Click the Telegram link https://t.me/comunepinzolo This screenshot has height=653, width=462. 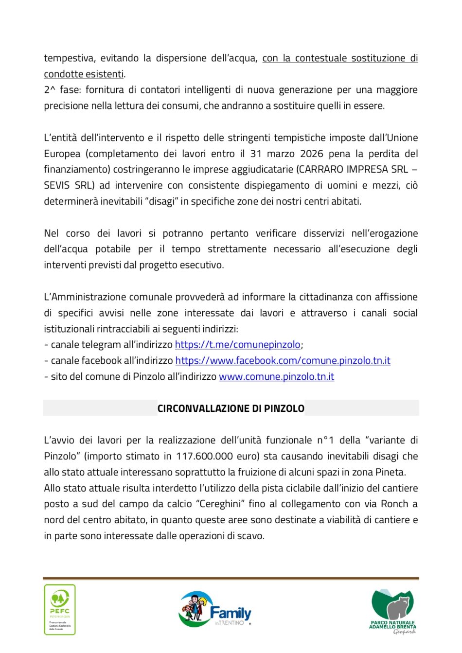point(237,345)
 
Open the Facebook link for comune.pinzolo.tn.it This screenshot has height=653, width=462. point(283,361)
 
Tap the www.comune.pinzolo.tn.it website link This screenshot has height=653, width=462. point(276,377)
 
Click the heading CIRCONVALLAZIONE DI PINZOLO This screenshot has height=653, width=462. point(231,408)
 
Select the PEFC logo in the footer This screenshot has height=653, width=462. point(60,609)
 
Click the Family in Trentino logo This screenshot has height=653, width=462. point(215,610)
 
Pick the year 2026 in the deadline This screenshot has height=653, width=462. point(312,154)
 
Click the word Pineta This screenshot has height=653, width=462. point(390,472)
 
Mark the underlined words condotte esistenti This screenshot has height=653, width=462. point(84,74)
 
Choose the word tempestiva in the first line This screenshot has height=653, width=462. point(69,58)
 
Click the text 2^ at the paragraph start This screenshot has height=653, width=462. point(49,90)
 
